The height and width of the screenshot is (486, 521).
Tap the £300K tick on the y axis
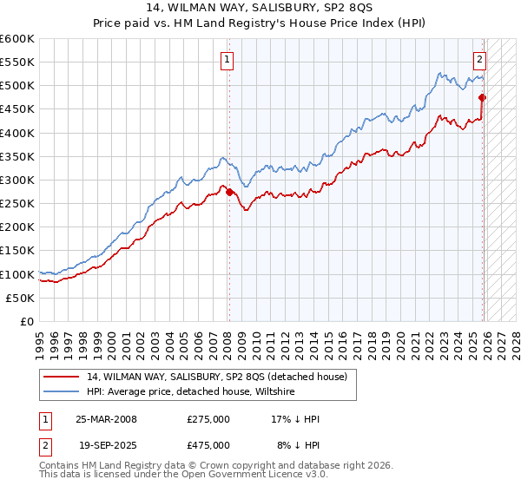[x=17, y=180]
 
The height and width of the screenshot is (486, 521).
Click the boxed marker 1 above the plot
[x=227, y=60]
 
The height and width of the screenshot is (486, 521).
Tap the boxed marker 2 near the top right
[x=479, y=60]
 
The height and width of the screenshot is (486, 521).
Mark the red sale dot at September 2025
[x=483, y=98]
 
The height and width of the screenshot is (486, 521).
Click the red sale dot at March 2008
[x=229, y=192]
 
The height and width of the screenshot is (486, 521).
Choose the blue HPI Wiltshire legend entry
[x=191, y=391]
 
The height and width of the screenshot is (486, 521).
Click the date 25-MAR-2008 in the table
[x=105, y=418]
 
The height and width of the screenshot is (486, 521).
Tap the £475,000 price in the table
[x=208, y=444]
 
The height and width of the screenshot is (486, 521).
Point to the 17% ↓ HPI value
[x=295, y=418]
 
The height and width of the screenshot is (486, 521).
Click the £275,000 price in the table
[x=208, y=418]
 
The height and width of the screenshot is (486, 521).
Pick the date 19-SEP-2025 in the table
[x=105, y=444]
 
